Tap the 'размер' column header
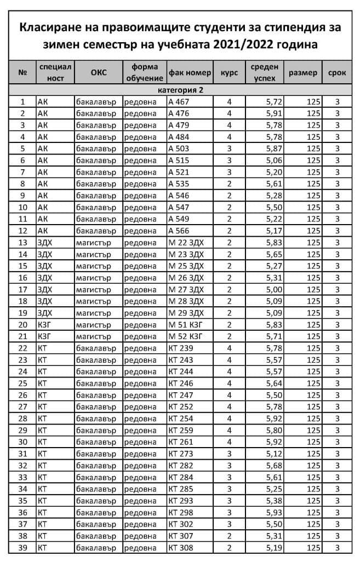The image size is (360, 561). (302, 72)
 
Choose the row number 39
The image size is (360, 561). (22, 548)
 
